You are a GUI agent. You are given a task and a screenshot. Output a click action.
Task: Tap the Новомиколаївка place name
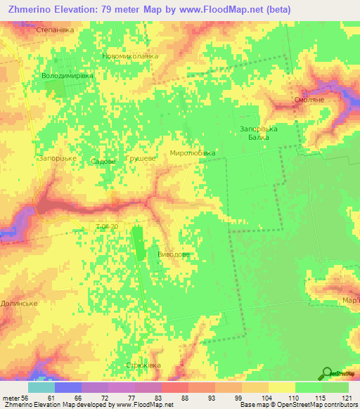pos(130,56)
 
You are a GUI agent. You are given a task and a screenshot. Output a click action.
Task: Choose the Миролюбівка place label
pos(192,152)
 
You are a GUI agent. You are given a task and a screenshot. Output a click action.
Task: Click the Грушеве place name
pos(140,160)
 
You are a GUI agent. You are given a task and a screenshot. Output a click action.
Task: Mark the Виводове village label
pos(173,255)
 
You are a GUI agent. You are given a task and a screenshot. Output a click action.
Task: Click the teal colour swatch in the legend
pos(41,387)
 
